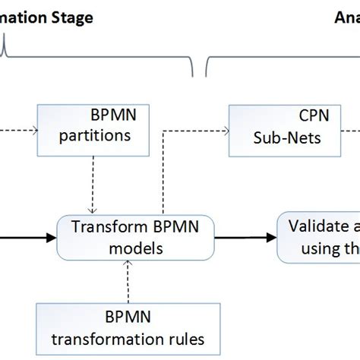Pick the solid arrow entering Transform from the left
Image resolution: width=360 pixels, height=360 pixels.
tap(27, 236)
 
